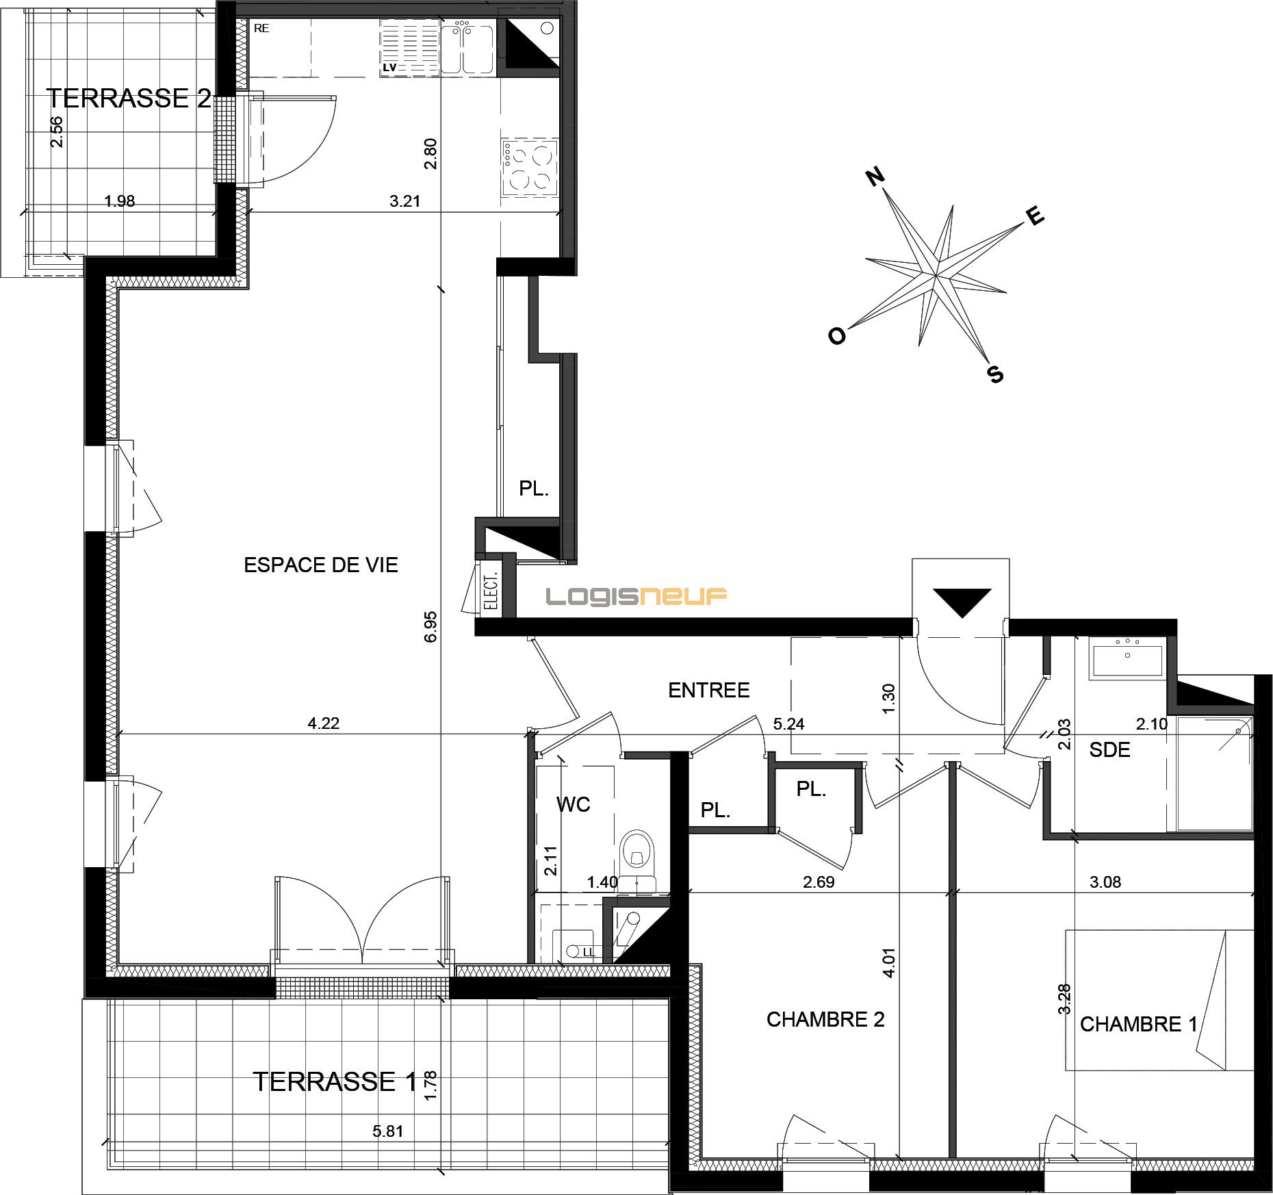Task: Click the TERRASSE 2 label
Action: pyautogui.click(x=129, y=99)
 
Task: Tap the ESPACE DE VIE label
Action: pyautogui.click(x=321, y=565)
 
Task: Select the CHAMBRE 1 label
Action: pyautogui.click(x=1139, y=1024)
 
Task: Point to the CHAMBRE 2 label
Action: pyautogui.click(x=825, y=1020)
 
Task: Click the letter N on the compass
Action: pyautogui.click(x=875, y=177)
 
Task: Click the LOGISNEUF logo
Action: pyautogui.click(x=636, y=597)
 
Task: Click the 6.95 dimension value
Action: pyautogui.click(x=430, y=626)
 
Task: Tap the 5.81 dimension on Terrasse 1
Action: pyautogui.click(x=388, y=1131)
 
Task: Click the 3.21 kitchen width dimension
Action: pyautogui.click(x=404, y=201)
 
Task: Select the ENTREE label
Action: pyautogui.click(x=709, y=690)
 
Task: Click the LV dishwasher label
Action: pyautogui.click(x=390, y=68)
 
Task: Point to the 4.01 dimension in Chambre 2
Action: pyautogui.click(x=889, y=962)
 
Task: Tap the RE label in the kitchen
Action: pyautogui.click(x=261, y=29)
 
